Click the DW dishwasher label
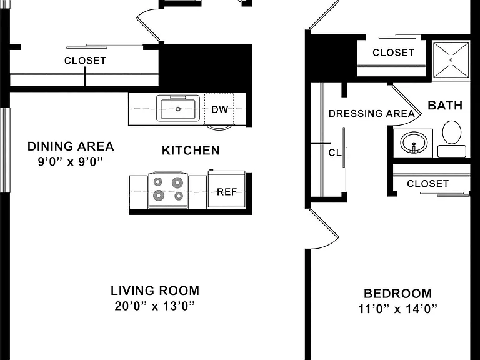pos(220,109)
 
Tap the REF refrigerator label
pos(227,192)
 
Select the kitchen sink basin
pos(178,108)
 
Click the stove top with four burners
pos(168,190)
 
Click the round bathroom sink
pos(414,142)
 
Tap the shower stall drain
pos(451,60)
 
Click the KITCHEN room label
pos(191,151)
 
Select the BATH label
pos(445,105)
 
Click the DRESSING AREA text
pos(372,114)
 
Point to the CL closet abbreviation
pos(335,152)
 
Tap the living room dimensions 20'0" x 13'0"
pos(155,306)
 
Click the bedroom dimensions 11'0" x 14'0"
pos(397,309)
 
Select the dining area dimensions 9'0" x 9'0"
pos(71,161)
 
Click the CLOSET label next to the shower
pos(393,52)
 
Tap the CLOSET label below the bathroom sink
pos(428,184)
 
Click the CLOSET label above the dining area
pos(85,61)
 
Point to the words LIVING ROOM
pos(155,291)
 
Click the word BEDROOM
pos(398,294)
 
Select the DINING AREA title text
pos(71,146)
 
